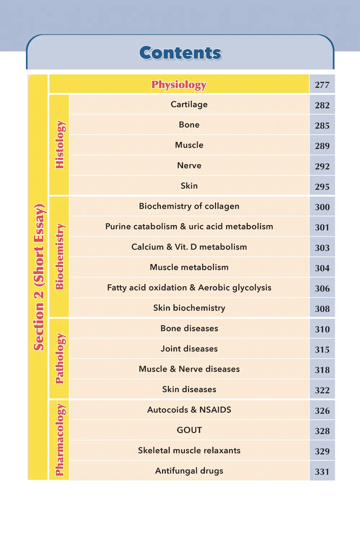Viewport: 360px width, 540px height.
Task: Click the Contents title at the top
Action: pyautogui.click(x=180, y=53)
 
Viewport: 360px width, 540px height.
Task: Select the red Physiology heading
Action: pyautogui.click(x=179, y=85)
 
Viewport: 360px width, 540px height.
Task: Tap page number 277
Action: pyautogui.click(x=322, y=85)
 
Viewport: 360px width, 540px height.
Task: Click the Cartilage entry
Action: pyautogui.click(x=189, y=104)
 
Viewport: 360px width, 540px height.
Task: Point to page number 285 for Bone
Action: pyautogui.click(x=322, y=126)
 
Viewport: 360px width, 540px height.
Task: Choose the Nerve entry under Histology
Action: pyautogui.click(x=189, y=166)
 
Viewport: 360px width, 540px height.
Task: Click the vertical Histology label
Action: pyautogui.click(x=59, y=145)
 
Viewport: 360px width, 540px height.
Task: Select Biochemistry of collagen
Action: pyautogui.click(x=189, y=206)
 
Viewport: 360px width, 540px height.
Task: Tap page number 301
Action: pyautogui.click(x=322, y=228)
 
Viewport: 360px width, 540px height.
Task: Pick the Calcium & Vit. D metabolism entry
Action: pyautogui.click(x=189, y=247)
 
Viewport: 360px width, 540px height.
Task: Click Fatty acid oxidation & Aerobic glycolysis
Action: pyautogui.click(x=189, y=288)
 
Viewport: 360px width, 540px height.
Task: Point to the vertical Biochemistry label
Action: pyautogui.click(x=59, y=257)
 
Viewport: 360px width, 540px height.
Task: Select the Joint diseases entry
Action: pyautogui.click(x=189, y=349)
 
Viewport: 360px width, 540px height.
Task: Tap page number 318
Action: pyautogui.click(x=322, y=370)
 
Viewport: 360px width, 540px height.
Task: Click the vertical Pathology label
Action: pyautogui.click(x=59, y=359)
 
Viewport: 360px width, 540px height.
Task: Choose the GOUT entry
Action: pyautogui.click(x=189, y=430)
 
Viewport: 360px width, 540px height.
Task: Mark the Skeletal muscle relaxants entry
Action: pyautogui.click(x=189, y=450)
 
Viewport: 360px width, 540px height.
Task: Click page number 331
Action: pyautogui.click(x=322, y=472)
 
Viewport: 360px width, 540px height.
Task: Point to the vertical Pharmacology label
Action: pyautogui.click(x=59, y=440)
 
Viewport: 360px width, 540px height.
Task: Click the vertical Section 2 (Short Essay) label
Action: pyautogui.click(x=39, y=277)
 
